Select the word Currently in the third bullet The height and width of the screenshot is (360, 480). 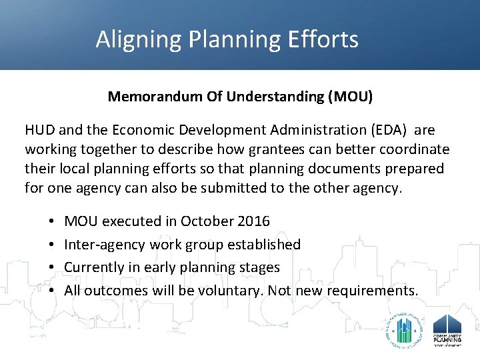93,267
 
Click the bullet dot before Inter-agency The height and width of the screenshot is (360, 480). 51,245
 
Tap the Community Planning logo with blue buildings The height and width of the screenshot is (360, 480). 447,329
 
